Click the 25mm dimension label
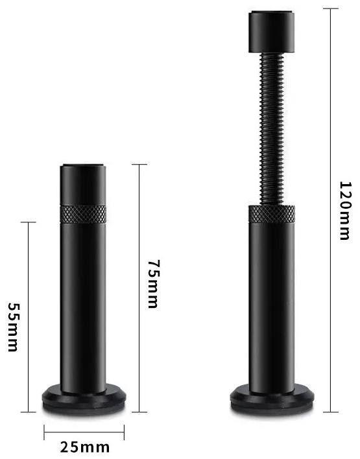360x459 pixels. [x=85, y=447]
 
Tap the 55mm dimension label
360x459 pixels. [x=13, y=327]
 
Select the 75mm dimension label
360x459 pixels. [x=153, y=284]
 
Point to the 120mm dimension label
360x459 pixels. [x=344, y=211]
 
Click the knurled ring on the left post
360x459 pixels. [x=83, y=214]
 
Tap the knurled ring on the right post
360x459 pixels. [x=272, y=214]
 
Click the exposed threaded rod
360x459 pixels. [x=272, y=129]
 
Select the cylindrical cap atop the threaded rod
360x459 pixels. [x=272, y=32]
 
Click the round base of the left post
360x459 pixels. [x=84, y=400]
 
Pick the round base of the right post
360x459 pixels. [x=272, y=400]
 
